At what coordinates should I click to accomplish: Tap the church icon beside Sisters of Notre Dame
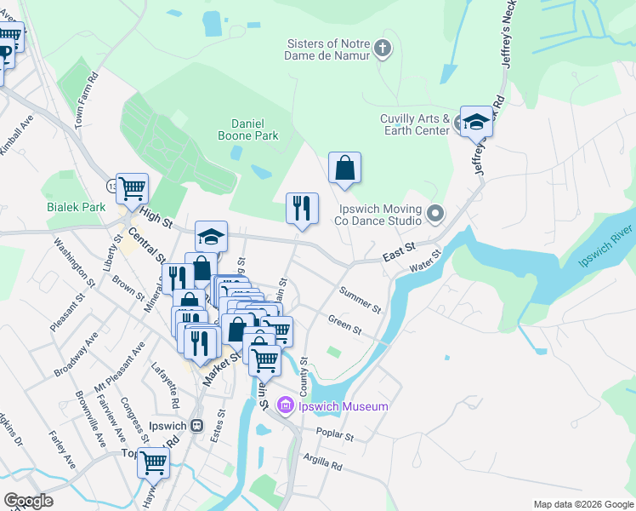pyautogui.click(x=383, y=49)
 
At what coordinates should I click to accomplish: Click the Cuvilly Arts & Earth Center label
pyautogui.click(x=415, y=125)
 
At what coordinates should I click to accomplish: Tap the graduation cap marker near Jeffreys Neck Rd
pyautogui.click(x=476, y=123)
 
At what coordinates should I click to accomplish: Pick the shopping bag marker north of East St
pyautogui.click(x=345, y=168)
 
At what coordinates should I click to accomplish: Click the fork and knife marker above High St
pyautogui.click(x=302, y=209)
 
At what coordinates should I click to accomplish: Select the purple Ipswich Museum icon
pyautogui.click(x=285, y=406)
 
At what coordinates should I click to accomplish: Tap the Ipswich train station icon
pyautogui.click(x=197, y=424)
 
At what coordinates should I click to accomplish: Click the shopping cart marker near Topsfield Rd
pyautogui.click(x=154, y=463)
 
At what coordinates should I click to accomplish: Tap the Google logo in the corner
pyautogui.click(x=28, y=501)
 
